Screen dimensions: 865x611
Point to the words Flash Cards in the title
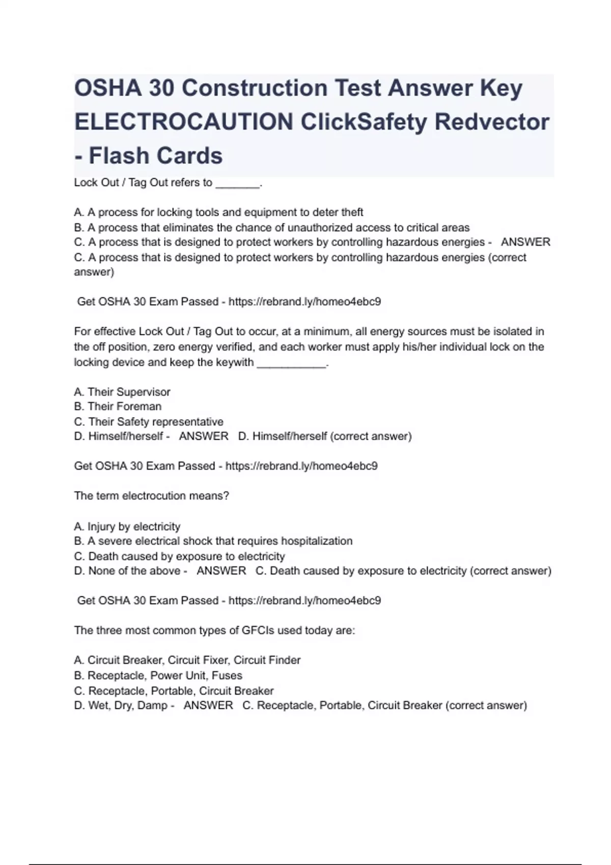[155, 156]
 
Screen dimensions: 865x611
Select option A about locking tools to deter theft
[218, 212]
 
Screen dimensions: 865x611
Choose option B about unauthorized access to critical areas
[271, 227]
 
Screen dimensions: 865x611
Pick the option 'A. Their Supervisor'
[122, 392]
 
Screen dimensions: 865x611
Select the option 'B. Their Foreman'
[118, 407]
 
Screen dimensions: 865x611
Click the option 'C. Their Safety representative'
[149, 422]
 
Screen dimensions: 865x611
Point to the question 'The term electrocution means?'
[152, 496]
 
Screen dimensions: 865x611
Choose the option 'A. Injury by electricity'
[127, 526]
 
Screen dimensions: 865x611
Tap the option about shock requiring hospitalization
[213, 541]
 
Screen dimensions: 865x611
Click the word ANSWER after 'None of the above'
[221, 571]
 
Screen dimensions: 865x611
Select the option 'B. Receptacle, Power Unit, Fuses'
[158, 675]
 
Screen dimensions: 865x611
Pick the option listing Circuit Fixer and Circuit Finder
[187, 660]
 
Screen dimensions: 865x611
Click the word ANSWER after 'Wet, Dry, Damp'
[208, 705]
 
